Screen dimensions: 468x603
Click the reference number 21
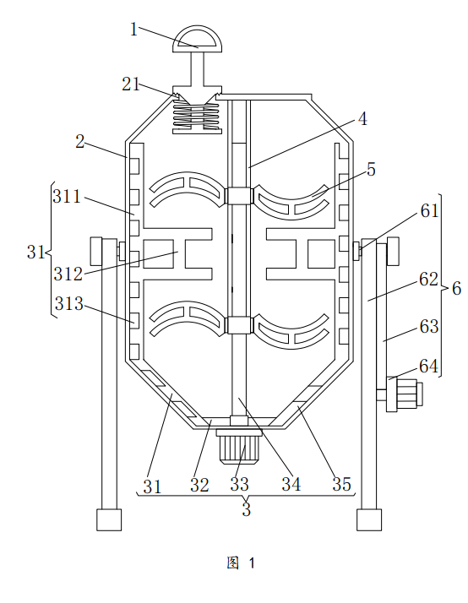pyautogui.click(x=131, y=84)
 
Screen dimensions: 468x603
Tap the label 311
pyautogui.click(x=67, y=197)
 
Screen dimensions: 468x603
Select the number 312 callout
pyautogui.click(x=68, y=274)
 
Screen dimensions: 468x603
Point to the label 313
pyautogui.click(x=68, y=304)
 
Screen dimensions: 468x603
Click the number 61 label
pyautogui.click(x=429, y=211)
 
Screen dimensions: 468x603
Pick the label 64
pyautogui.click(x=429, y=367)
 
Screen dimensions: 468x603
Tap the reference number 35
pyautogui.click(x=342, y=484)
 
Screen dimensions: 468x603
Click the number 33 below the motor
pyautogui.click(x=239, y=484)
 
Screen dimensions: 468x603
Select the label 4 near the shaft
pyautogui.click(x=362, y=119)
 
